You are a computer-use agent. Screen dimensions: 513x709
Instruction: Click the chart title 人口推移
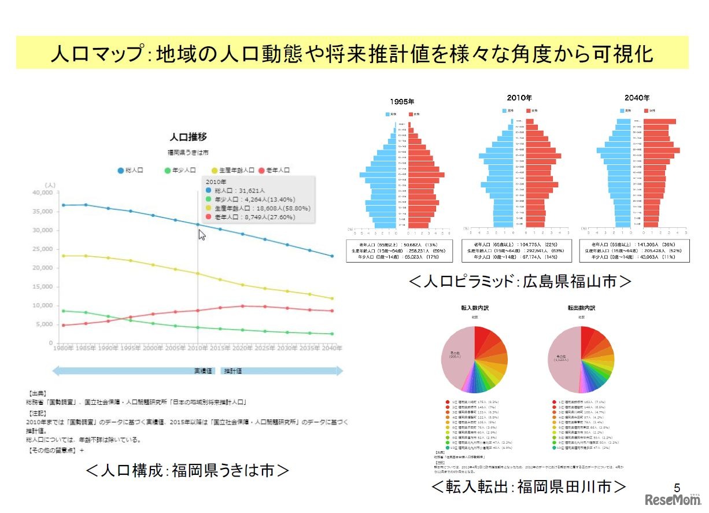coord(188,138)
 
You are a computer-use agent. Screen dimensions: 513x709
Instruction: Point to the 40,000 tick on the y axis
coord(41,193)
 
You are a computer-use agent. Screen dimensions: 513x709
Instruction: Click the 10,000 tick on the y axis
coord(41,305)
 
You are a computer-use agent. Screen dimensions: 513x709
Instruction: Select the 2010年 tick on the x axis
coord(198,349)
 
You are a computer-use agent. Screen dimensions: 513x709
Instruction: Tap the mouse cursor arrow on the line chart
coord(202,234)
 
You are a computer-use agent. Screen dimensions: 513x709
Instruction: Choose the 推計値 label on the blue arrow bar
coord(234,371)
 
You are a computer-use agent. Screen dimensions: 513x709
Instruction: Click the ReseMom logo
coord(673,499)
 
